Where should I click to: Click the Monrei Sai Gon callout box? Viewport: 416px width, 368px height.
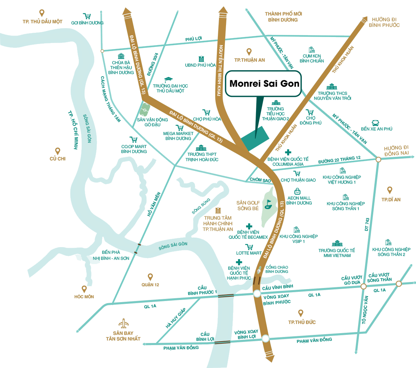(x=264, y=84)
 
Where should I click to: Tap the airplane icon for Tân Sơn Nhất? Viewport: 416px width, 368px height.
(x=123, y=323)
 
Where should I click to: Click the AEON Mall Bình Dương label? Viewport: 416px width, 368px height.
(x=299, y=201)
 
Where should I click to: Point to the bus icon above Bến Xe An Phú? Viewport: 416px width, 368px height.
(x=375, y=123)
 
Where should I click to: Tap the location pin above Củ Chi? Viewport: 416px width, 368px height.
(x=58, y=151)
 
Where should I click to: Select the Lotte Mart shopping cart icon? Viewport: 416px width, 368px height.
(x=249, y=247)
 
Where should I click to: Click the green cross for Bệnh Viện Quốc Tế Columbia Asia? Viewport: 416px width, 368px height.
(x=288, y=152)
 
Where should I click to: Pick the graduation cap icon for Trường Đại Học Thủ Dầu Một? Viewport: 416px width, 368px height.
(x=168, y=80)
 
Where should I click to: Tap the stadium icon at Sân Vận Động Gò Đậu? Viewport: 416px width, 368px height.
(x=145, y=109)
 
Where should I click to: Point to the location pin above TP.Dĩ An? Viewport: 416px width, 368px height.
(x=390, y=191)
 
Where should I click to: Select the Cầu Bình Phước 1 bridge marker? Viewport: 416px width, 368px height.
(x=226, y=295)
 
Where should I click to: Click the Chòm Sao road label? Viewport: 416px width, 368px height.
(x=260, y=180)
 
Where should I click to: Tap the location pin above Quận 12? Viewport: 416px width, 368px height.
(x=150, y=277)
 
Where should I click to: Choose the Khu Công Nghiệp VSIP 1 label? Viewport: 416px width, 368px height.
(x=298, y=239)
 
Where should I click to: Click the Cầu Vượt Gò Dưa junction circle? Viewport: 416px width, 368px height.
(x=363, y=287)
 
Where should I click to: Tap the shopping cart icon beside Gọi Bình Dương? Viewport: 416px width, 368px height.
(x=87, y=16)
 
